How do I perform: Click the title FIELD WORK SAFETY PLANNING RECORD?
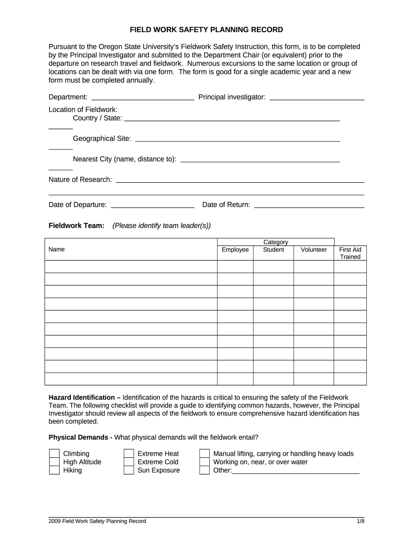coord(206,29)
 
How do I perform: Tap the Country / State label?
coord(97,118)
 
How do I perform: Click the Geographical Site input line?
coord(237,139)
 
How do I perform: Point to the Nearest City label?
coord(124,159)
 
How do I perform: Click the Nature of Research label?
coord(80,179)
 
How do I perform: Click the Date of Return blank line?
coord(309,205)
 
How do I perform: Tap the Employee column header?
coord(235,250)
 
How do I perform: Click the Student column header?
coord(274,250)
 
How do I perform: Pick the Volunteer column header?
coord(314,250)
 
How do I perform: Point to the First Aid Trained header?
coord(350,253)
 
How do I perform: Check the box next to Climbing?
coord(54,454)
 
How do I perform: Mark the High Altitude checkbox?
coord(54,462)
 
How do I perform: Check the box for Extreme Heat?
coord(129,454)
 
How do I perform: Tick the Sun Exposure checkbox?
coord(129,471)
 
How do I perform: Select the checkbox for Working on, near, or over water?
coord(204,462)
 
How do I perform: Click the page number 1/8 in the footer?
coord(360,521)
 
